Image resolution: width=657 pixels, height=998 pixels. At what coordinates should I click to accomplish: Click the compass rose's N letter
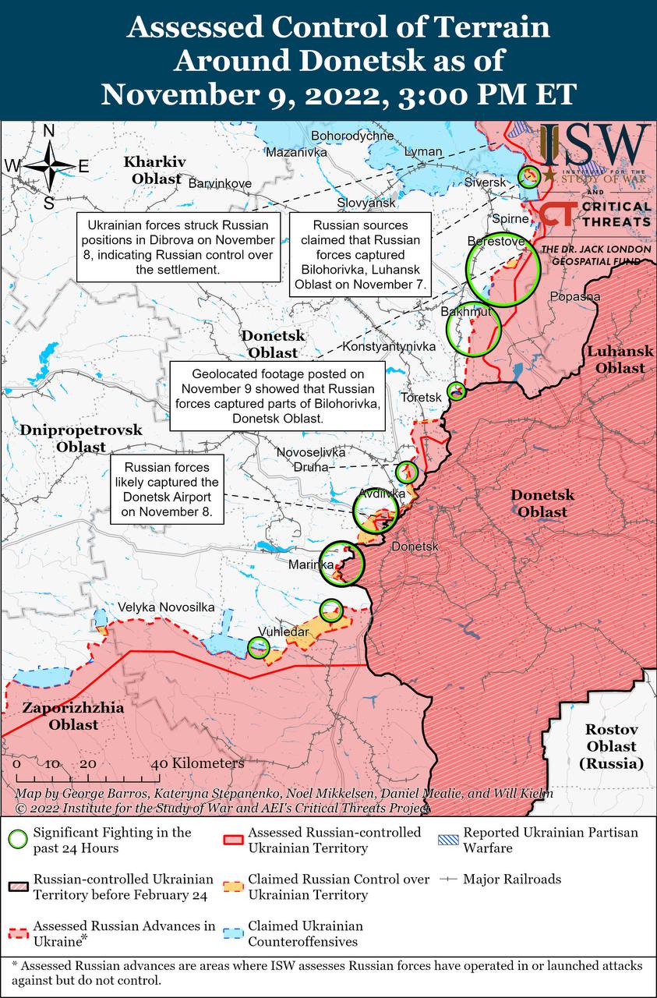click(48, 131)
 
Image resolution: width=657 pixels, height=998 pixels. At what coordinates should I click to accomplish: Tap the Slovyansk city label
click(366, 203)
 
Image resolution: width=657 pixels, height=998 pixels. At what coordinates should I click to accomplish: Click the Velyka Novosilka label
click(165, 607)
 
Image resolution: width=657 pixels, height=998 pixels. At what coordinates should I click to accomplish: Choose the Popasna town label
click(574, 296)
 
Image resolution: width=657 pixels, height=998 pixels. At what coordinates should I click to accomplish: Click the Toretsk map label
click(420, 397)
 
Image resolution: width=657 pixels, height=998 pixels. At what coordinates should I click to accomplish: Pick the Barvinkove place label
click(221, 183)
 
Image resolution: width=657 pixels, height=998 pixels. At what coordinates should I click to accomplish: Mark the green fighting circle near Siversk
click(530, 176)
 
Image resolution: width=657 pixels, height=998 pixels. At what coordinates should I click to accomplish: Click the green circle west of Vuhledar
click(258, 646)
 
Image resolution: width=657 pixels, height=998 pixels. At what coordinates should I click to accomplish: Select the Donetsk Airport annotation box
click(167, 490)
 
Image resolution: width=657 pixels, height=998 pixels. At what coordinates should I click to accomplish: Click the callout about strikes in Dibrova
click(178, 246)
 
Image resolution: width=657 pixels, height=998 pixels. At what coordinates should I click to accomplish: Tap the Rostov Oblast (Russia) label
click(612, 747)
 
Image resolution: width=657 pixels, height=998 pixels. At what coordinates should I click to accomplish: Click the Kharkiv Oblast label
click(155, 170)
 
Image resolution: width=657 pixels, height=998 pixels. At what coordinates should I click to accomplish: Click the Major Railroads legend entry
click(511, 879)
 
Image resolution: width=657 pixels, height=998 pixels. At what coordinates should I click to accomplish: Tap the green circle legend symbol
click(19, 840)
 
